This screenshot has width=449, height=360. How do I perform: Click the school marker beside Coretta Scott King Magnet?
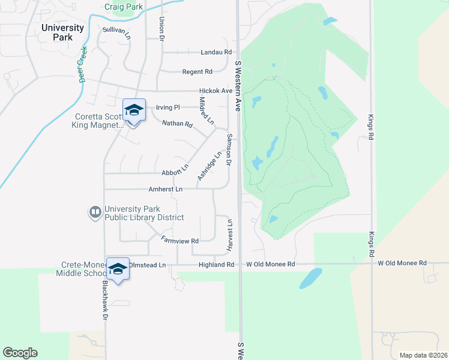pos(134,110)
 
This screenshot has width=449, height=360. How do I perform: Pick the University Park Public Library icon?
pos(95,212)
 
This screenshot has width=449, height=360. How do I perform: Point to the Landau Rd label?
pos(216,52)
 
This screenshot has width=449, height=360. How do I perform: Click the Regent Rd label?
pos(198,72)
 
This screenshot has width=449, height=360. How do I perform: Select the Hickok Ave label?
pos(215,91)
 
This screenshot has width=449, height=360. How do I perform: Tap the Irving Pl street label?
pos(167,107)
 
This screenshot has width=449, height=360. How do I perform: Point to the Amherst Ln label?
pos(165,189)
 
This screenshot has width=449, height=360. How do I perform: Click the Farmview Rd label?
pos(180,240)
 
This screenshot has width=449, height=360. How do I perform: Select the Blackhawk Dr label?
pos(104,300)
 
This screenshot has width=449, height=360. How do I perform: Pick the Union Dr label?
pos(161,27)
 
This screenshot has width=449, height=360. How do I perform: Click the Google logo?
pos(20,353)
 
